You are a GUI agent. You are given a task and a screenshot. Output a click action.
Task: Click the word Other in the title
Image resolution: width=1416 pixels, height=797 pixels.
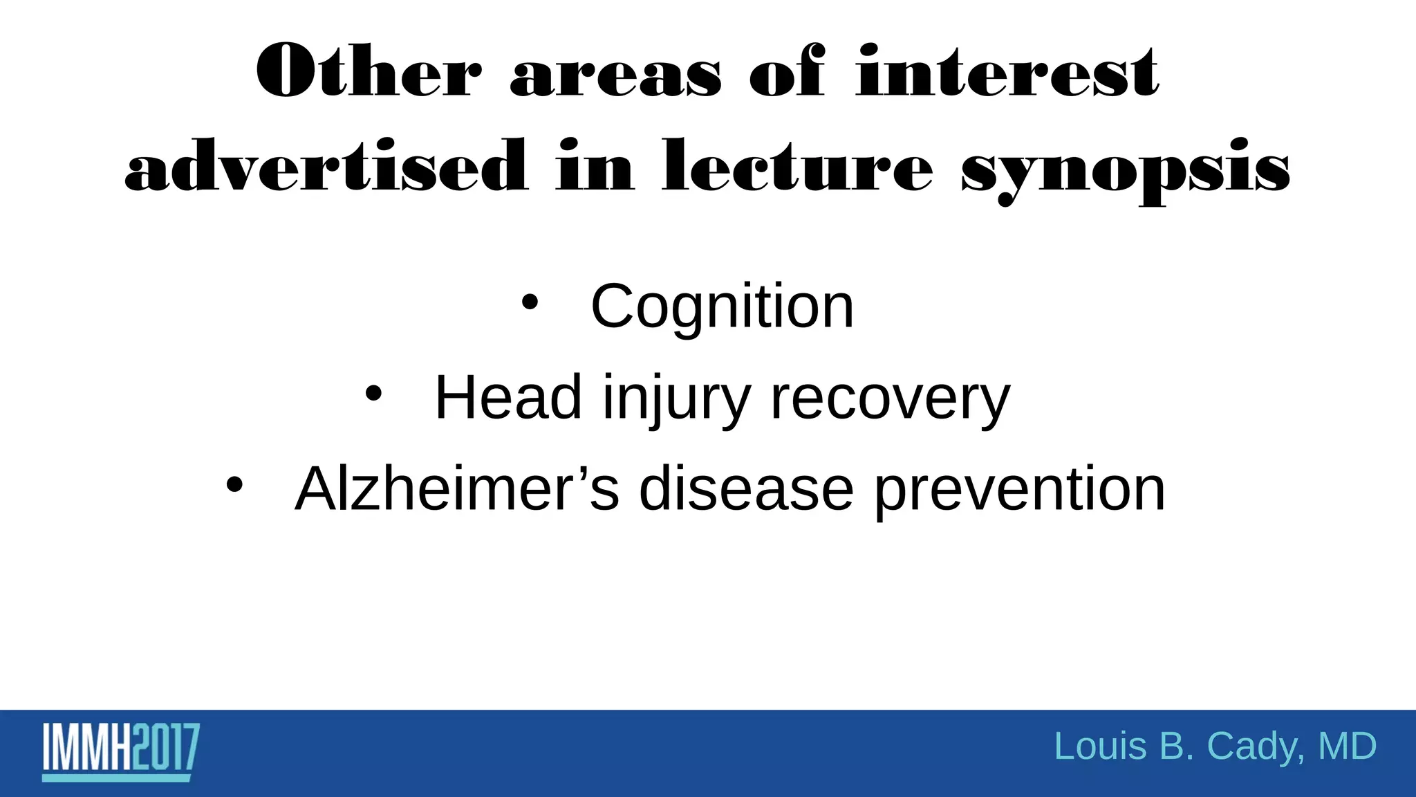point(369,72)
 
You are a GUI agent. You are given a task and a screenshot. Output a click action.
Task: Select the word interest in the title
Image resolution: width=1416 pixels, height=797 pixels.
point(1007,72)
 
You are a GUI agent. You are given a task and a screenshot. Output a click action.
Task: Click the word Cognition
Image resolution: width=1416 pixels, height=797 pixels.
point(722,306)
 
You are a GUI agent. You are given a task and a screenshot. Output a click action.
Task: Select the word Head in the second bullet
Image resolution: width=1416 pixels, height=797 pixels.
point(507,398)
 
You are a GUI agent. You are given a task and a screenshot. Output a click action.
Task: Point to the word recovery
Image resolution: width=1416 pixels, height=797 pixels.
point(890,399)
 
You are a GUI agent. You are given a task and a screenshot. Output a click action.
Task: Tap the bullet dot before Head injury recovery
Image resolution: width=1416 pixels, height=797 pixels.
point(373,394)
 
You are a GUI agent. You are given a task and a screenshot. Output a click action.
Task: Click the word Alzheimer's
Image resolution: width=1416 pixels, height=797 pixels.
point(456,489)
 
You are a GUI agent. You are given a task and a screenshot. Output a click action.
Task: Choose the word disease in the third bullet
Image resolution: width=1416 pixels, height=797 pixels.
point(746,489)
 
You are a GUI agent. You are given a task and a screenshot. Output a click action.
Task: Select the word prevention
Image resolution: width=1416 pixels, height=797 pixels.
point(1020,491)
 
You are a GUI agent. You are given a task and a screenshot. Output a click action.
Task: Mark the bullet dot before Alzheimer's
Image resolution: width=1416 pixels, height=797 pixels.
point(234,486)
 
